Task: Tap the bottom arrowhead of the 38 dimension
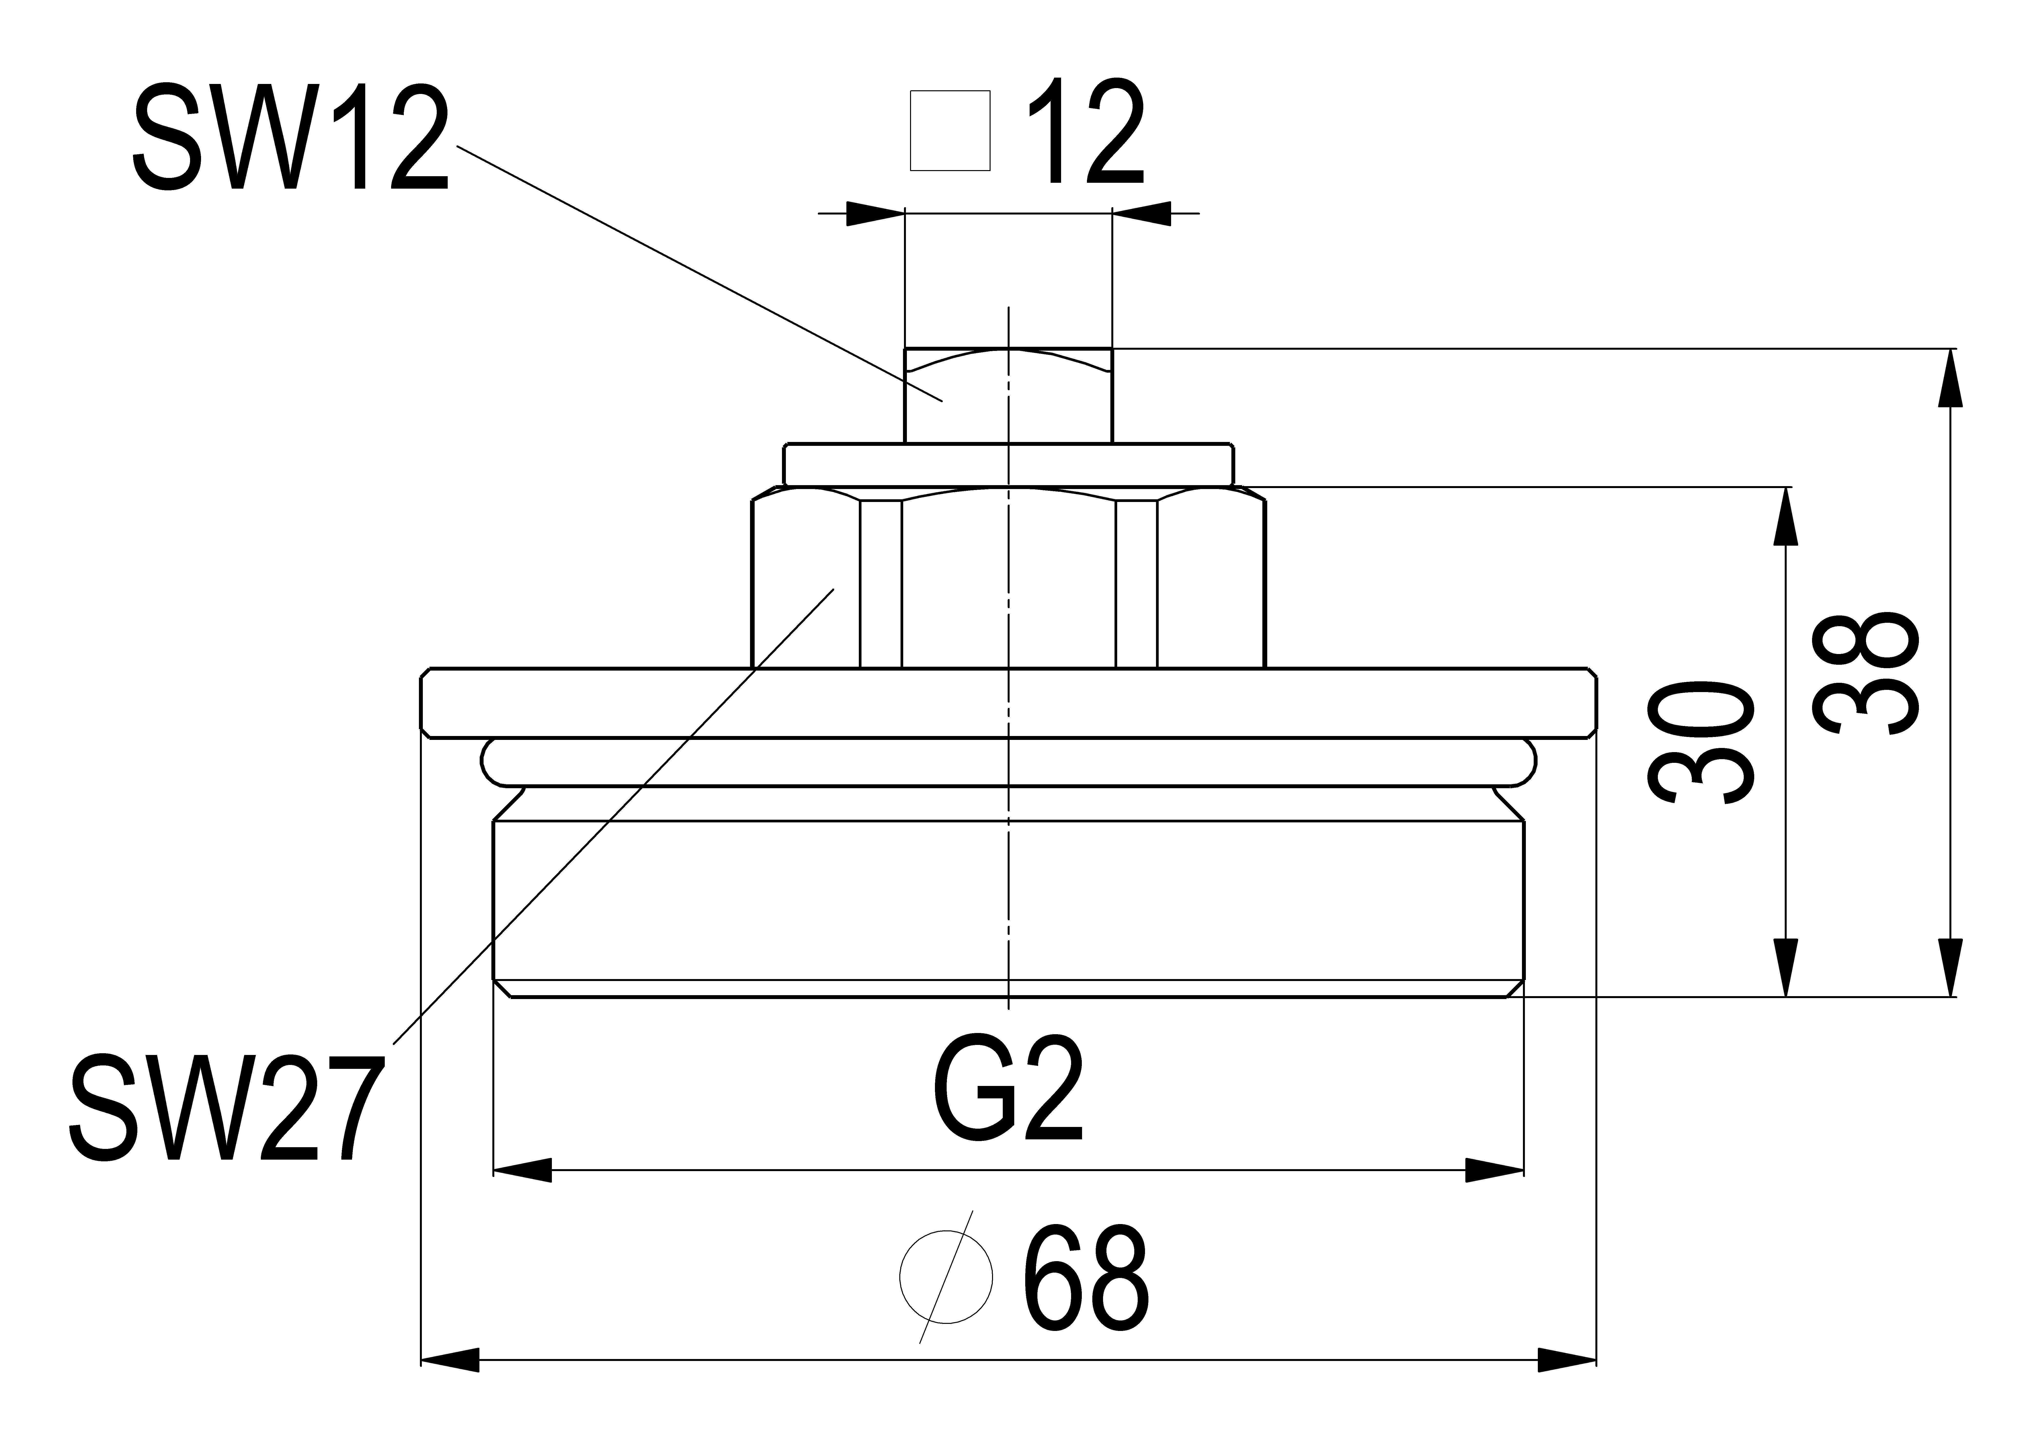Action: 1950,967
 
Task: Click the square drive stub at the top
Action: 1008,395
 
